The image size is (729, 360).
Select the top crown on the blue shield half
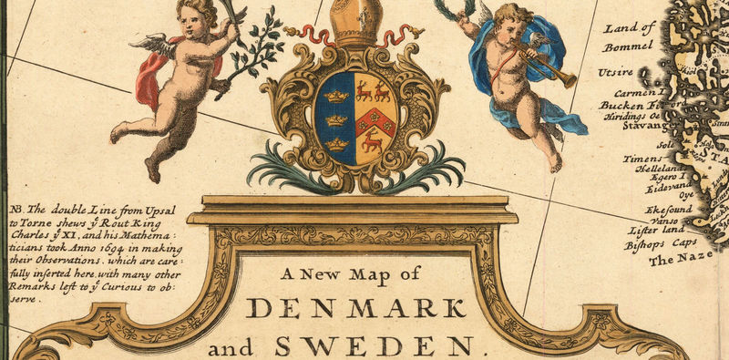coord(337,95)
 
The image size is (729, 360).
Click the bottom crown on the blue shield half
coord(338,143)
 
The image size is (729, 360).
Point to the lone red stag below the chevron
coord(372,140)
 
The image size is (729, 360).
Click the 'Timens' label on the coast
coord(642,159)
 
